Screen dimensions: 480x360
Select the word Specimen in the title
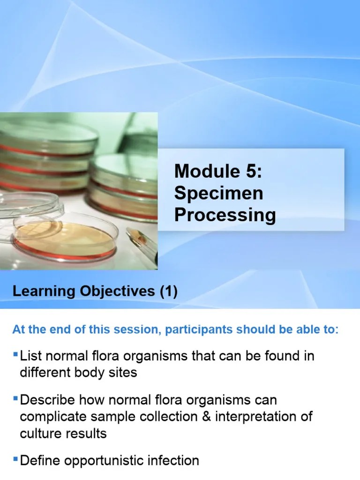tap(218, 193)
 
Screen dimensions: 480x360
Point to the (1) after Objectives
tap(168, 292)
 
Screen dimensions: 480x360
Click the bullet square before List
tap(16, 352)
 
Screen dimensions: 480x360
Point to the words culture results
tap(63, 433)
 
